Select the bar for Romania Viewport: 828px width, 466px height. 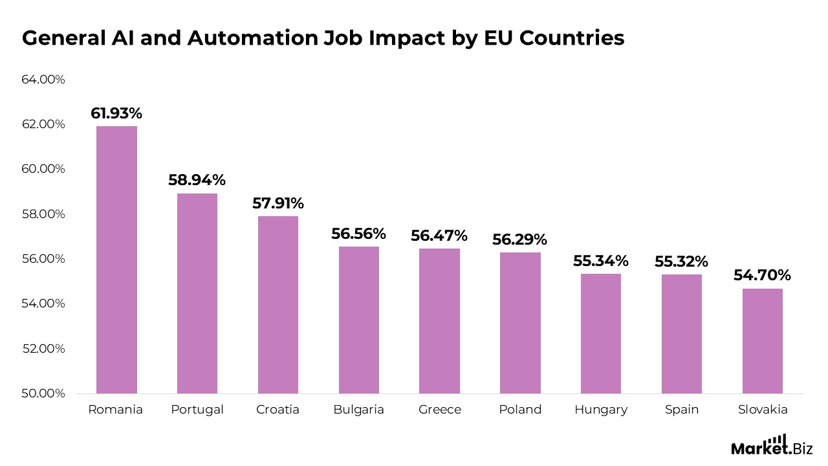(116, 260)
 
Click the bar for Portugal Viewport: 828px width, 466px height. (197, 293)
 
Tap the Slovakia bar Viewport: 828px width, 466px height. (762, 341)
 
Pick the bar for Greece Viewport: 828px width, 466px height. (439, 321)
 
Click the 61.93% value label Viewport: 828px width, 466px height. (116, 113)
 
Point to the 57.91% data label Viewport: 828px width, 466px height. (278, 203)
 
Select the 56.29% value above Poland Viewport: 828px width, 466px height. (519, 239)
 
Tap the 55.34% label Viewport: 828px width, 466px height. (600, 261)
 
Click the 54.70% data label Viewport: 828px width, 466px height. (762, 275)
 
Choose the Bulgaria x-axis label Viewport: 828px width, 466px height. (358, 410)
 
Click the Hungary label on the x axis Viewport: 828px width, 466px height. (600, 410)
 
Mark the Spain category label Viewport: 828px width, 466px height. (681, 410)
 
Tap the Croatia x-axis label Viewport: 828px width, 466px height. (278, 410)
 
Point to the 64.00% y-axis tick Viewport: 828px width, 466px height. (43, 80)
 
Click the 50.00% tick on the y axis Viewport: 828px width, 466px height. (43, 394)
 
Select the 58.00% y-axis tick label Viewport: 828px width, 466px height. (43, 214)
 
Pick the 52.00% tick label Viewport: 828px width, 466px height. (43, 349)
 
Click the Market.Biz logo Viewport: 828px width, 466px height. (771, 446)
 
